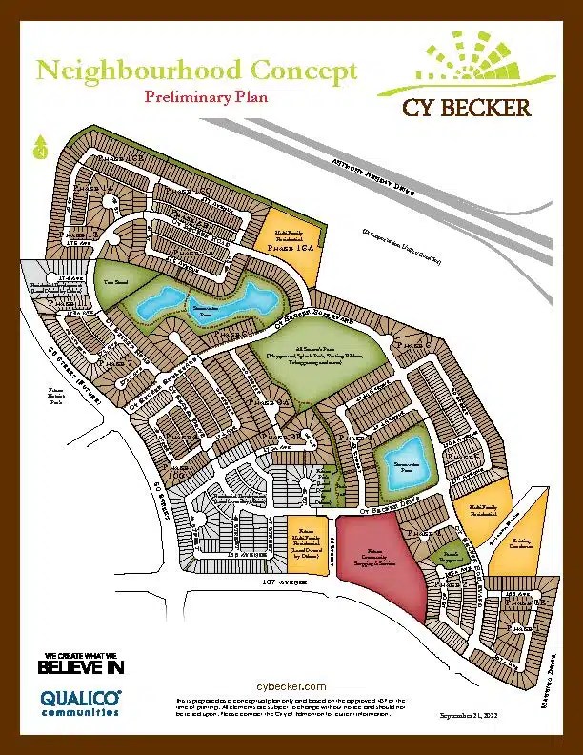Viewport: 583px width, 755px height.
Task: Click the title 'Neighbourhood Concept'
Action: tap(195, 70)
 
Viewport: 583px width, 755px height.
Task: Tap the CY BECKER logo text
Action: tap(466, 108)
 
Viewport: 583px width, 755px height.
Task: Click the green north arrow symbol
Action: tap(40, 148)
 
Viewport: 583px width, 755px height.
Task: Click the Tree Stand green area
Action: tap(117, 284)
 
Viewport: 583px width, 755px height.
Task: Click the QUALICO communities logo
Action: tap(80, 703)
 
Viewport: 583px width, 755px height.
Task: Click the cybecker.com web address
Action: tap(292, 686)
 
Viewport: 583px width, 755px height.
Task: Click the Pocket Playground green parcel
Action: tap(444, 552)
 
